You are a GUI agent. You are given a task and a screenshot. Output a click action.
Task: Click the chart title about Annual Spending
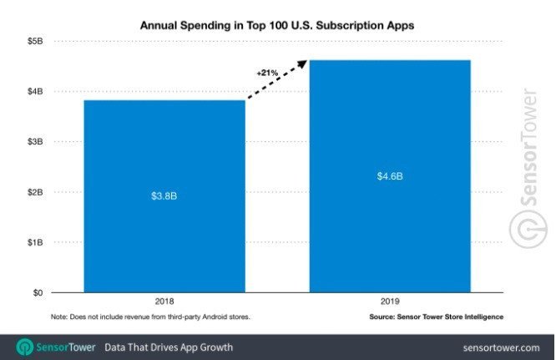(276, 25)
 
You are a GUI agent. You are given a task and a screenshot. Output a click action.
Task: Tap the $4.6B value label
(390, 175)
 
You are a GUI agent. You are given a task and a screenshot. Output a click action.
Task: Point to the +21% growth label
(266, 74)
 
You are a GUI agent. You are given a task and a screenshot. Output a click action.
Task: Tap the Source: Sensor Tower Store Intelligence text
(436, 317)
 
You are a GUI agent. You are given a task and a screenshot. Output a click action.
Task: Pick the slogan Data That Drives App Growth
(169, 347)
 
